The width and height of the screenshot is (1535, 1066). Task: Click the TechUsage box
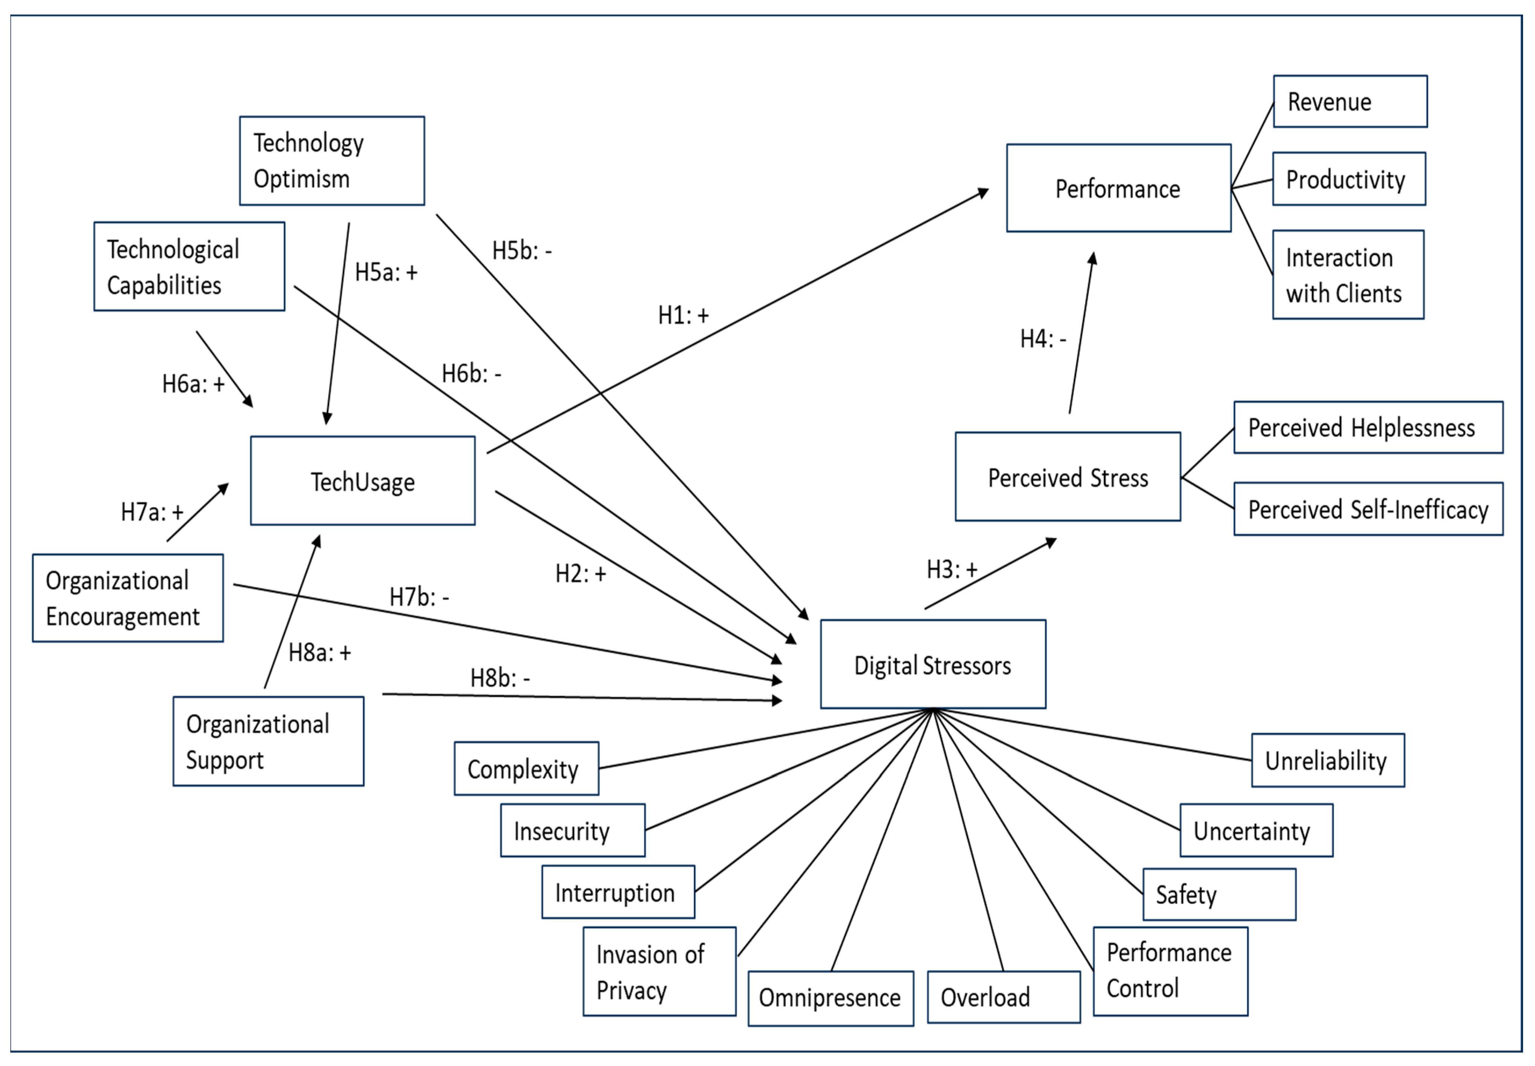363,481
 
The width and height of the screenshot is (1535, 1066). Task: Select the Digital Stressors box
933,664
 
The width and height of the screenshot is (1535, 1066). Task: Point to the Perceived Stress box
1068,477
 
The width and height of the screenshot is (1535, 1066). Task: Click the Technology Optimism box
332,161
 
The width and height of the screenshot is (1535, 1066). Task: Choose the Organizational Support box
269,741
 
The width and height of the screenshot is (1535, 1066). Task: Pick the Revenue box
1351,102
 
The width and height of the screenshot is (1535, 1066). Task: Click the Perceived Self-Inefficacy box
1369,509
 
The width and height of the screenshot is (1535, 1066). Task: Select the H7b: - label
419,596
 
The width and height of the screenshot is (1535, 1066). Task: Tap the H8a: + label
319,652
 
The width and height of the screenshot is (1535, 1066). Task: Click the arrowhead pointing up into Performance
1092,258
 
